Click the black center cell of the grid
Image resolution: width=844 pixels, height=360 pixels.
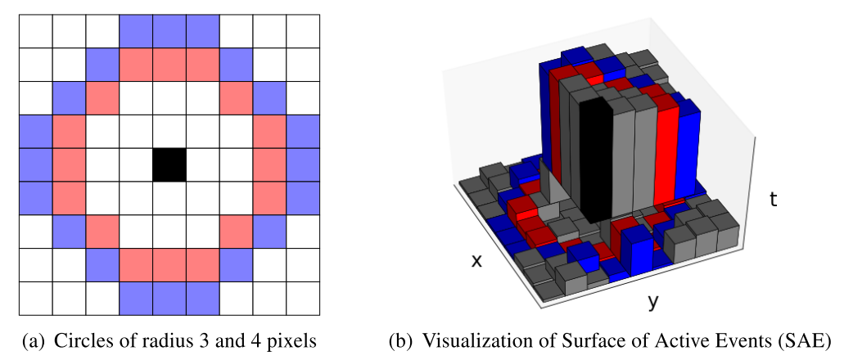tap(169, 164)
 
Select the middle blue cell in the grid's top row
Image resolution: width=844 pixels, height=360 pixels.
tap(169, 31)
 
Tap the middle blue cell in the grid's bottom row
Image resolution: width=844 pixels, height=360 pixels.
tap(169, 299)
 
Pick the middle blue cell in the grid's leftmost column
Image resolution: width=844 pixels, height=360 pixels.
tap(35, 164)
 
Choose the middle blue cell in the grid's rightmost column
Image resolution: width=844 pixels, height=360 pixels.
tap(303, 164)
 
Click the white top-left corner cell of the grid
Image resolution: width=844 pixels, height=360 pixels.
tap(35, 31)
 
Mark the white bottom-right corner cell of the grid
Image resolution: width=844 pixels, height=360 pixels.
tap(303, 299)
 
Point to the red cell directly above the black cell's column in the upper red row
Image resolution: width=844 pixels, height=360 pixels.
tap(169, 65)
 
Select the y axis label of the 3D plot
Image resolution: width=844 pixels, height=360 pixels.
tap(652, 303)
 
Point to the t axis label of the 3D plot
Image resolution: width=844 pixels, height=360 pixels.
tap(773, 199)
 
